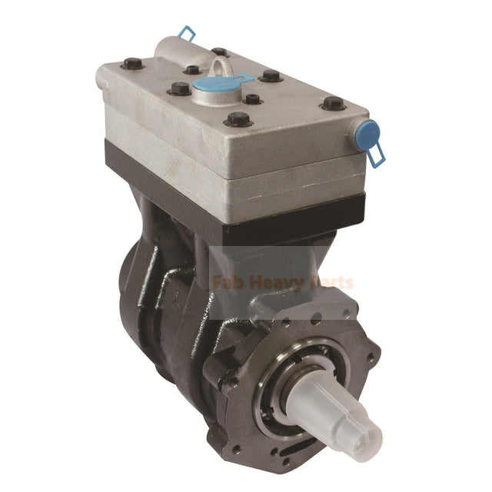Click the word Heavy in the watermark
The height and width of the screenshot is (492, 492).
click(283, 282)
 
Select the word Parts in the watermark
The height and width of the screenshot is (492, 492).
click(331, 282)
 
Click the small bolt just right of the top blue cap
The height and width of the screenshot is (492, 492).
click(251, 98)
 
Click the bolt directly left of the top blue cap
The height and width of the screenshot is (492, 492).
click(178, 88)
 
